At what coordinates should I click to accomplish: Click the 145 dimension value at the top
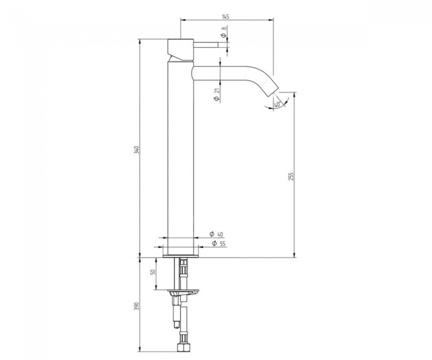[225, 17]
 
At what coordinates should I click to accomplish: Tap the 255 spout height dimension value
[291, 177]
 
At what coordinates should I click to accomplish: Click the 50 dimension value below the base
[153, 271]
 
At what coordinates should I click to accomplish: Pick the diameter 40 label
[216, 234]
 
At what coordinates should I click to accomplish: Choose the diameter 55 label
[219, 244]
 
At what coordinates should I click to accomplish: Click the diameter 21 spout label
[217, 95]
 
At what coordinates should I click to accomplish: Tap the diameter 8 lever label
[224, 32]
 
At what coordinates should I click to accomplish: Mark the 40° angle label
[277, 105]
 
